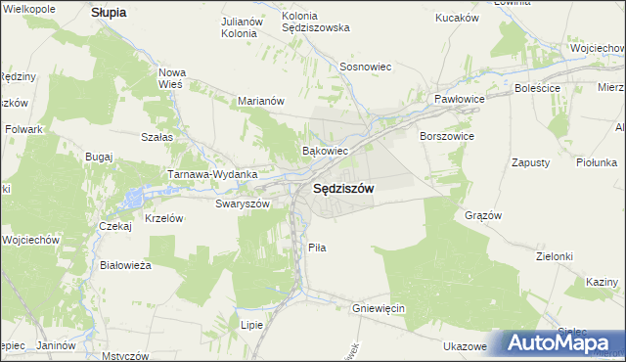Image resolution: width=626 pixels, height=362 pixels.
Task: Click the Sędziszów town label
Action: pos(342,190)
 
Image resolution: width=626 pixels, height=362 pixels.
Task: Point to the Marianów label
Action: pos(261,100)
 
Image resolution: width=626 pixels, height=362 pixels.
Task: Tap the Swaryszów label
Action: pos(242,204)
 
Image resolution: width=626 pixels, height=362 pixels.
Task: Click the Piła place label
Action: pos(316,248)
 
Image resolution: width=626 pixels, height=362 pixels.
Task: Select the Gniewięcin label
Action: pos(378,308)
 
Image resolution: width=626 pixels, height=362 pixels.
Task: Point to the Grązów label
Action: pos(483,215)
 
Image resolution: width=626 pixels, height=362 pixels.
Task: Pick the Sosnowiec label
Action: pos(365,67)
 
